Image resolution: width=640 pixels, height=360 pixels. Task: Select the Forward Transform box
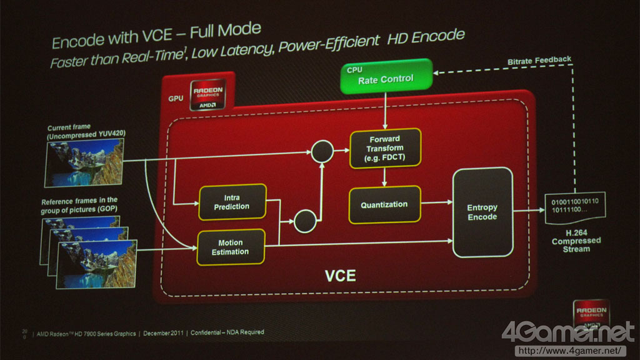(385, 149)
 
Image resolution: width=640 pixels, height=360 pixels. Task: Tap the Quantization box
(384, 204)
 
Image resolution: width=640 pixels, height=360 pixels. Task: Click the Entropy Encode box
(482, 212)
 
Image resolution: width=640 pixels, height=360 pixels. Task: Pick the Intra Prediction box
(231, 202)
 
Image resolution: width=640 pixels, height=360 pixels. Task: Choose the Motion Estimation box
(230, 247)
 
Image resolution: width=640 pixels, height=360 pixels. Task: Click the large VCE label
(341, 276)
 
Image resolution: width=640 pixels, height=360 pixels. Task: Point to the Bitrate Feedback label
(539, 60)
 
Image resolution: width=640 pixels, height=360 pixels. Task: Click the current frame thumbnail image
(85, 162)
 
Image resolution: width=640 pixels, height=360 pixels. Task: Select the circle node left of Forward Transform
(322, 151)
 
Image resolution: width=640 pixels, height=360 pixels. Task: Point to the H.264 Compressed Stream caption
(576, 240)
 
